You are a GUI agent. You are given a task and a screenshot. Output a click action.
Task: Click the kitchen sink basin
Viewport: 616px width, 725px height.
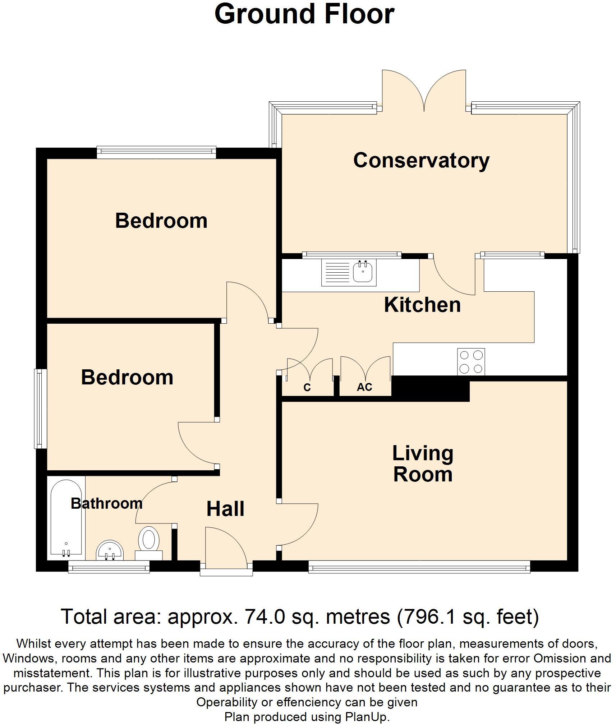(363, 272)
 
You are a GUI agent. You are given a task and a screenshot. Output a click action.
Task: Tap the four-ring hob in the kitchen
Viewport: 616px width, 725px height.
(471, 362)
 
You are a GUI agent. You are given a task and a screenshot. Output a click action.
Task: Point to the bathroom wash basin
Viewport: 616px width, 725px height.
(110, 550)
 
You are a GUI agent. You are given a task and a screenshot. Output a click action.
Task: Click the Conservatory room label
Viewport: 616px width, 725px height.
(421, 161)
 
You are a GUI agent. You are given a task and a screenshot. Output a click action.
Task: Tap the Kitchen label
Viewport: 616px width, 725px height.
(422, 305)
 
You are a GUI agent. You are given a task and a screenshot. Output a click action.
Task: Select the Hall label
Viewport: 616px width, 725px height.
(225, 509)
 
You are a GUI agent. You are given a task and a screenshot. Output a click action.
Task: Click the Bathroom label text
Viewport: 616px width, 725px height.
(106, 503)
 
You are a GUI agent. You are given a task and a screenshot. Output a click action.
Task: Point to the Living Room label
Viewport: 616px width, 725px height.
(423, 463)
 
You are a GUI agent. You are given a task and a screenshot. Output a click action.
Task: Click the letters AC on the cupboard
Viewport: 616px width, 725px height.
(364, 387)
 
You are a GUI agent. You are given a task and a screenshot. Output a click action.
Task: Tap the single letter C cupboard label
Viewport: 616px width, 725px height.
(307, 387)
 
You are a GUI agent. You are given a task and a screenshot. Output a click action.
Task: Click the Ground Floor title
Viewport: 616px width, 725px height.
(304, 14)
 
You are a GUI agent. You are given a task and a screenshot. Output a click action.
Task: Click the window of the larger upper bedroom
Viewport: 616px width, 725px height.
(156, 152)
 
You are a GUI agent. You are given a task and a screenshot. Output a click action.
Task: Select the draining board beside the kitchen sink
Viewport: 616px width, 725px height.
(337, 272)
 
